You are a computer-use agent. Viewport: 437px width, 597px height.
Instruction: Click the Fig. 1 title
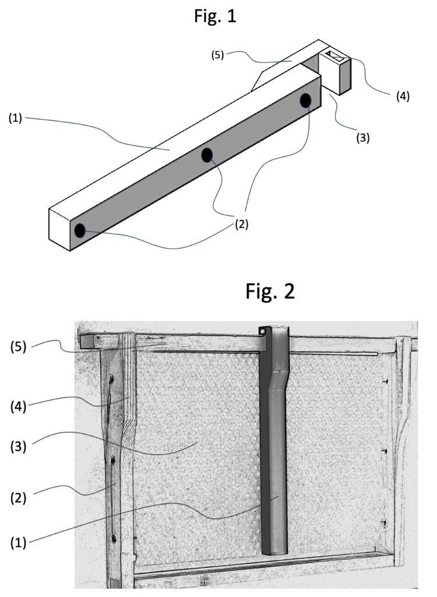pos(215,16)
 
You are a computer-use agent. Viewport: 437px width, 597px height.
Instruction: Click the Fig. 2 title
pos(270,292)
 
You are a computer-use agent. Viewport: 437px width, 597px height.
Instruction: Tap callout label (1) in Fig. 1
pos(16,119)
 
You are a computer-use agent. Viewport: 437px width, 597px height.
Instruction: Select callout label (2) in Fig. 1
pos(241,224)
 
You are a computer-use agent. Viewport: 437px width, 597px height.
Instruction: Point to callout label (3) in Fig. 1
pos(363,138)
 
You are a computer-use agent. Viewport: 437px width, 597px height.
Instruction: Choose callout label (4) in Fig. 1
pos(403,96)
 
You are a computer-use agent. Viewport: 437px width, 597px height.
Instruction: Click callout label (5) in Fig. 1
pos(218,55)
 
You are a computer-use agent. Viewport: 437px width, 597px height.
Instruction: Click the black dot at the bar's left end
pos(80,231)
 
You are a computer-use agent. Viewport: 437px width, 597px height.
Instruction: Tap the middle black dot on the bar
pos(207,155)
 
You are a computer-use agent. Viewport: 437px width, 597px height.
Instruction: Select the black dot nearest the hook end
pos(305,100)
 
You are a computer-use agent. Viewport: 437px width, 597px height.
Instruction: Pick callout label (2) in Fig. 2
pos(19,498)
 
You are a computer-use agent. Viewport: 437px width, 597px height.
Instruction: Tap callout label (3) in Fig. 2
pos(19,447)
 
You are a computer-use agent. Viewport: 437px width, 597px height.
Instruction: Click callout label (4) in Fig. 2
pos(19,406)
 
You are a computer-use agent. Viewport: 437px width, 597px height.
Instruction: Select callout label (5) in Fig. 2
pos(19,347)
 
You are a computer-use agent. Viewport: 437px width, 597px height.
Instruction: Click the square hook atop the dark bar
pos(263,331)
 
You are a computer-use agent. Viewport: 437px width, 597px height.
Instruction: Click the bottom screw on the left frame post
pos(114,539)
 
